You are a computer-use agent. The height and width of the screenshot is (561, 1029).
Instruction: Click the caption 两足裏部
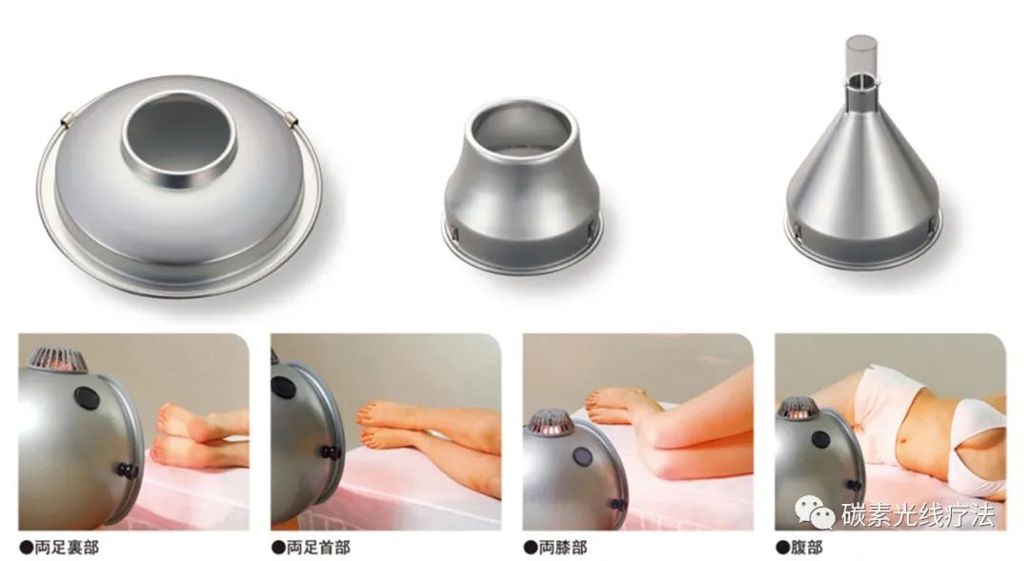click(67, 548)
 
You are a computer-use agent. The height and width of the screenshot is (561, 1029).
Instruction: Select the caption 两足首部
click(318, 548)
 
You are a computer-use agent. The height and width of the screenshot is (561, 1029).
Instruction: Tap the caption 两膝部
click(562, 548)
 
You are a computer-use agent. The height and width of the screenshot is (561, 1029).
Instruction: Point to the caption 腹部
click(806, 548)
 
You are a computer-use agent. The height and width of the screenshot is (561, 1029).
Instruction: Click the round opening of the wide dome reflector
click(178, 134)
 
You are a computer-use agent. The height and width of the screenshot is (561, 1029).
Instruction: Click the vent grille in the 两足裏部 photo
click(58, 360)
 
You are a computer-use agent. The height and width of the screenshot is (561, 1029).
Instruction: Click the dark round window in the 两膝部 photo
click(583, 456)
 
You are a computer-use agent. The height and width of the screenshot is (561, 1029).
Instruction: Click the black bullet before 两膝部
click(531, 548)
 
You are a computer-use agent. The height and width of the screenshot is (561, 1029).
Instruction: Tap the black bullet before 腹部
click(782, 548)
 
